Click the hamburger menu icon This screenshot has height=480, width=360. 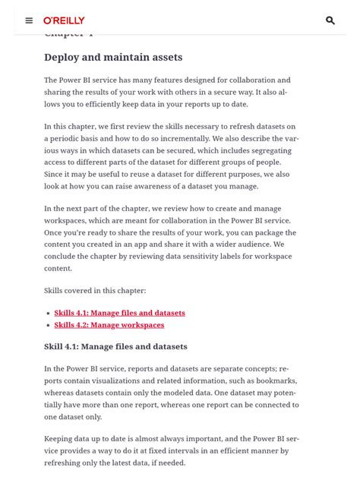pyautogui.click(x=29, y=21)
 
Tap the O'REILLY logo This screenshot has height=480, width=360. pyautogui.click(x=64, y=21)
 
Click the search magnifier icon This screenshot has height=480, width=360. pyautogui.click(x=330, y=21)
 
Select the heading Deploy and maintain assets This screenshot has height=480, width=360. pyautogui.click(x=113, y=57)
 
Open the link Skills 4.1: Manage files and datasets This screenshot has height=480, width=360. pyautogui.click(x=119, y=313)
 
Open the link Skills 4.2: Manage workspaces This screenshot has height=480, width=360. pyautogui.click(x=109, y=325)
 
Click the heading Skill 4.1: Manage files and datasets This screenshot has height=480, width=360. pyautogui.click(x=115, y=346)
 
